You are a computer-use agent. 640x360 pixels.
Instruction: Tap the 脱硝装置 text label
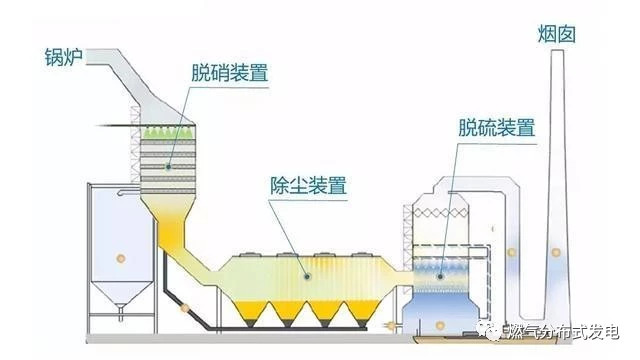(233, 73)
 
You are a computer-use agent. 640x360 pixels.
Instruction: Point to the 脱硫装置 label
(497, 128)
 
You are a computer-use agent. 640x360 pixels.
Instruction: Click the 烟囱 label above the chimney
(556, 36)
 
